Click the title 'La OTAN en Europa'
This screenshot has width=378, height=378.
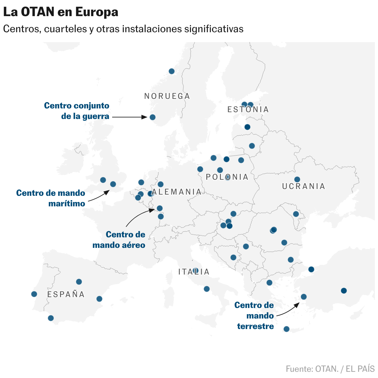61,12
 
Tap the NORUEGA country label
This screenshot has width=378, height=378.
167,96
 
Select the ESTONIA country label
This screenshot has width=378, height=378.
248,109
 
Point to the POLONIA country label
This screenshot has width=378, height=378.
227,177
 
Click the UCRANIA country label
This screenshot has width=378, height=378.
304,186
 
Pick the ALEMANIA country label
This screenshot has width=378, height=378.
177,192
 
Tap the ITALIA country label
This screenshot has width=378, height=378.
194,272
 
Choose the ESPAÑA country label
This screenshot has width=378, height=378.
66,294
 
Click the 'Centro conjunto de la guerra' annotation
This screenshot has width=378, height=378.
77,111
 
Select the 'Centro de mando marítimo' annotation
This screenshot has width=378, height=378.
51,198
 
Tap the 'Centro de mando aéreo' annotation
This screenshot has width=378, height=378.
119,240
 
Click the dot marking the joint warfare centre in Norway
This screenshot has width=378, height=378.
152,117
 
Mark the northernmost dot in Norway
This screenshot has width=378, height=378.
171,71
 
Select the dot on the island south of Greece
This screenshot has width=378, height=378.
287,329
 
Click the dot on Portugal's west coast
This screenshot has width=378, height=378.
34,294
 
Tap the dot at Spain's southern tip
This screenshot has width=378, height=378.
51,318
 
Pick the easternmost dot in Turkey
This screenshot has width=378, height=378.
344,291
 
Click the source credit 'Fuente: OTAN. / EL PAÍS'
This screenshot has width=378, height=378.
330,369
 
